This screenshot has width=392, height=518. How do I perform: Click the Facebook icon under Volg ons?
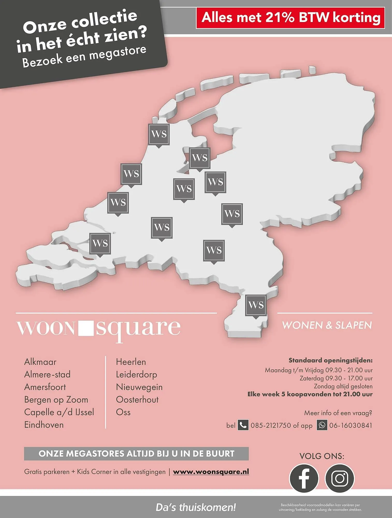click(x=304, y=478)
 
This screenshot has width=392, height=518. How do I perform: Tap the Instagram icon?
click(x=339, y=478)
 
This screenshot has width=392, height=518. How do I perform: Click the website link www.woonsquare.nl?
click(x=211, y=472)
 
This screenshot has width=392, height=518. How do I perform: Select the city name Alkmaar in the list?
click(x=40, y=362)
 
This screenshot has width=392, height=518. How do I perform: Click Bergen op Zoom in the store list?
click(x=56, y=400)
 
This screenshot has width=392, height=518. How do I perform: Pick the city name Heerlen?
click(x=131, y=362)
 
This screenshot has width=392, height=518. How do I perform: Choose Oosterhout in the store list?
click(x=137, y=400)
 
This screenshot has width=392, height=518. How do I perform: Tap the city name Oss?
click(x=123, y=412)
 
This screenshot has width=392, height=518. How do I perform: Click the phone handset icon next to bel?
click(x=243, y=425)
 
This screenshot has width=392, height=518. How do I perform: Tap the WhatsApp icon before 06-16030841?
click(x=322, y=425)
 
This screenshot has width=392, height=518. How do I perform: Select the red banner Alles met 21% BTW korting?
click(x=291, y=18)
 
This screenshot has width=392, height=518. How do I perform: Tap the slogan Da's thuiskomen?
click(x=196, y=507)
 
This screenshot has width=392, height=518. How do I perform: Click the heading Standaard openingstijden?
click(x=330, y=360)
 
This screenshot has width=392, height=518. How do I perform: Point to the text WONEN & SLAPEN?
click(x=327, y=325)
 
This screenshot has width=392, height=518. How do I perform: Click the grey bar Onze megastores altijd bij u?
click(x=136, y=454)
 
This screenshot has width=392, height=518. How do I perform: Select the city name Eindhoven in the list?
click(x=44, y=425)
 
